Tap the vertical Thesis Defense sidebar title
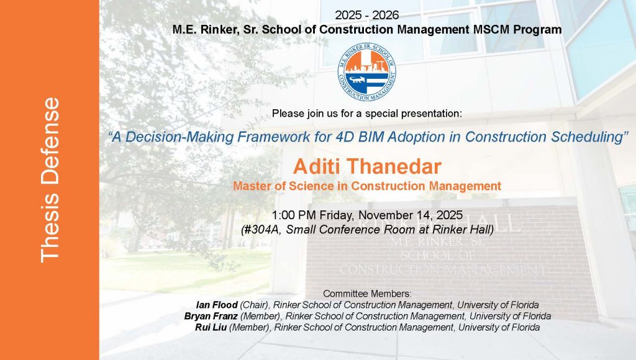50,180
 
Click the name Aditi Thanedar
366,166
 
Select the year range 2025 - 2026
366,15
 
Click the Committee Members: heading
367,293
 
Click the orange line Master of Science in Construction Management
366,185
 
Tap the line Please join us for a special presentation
366,114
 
